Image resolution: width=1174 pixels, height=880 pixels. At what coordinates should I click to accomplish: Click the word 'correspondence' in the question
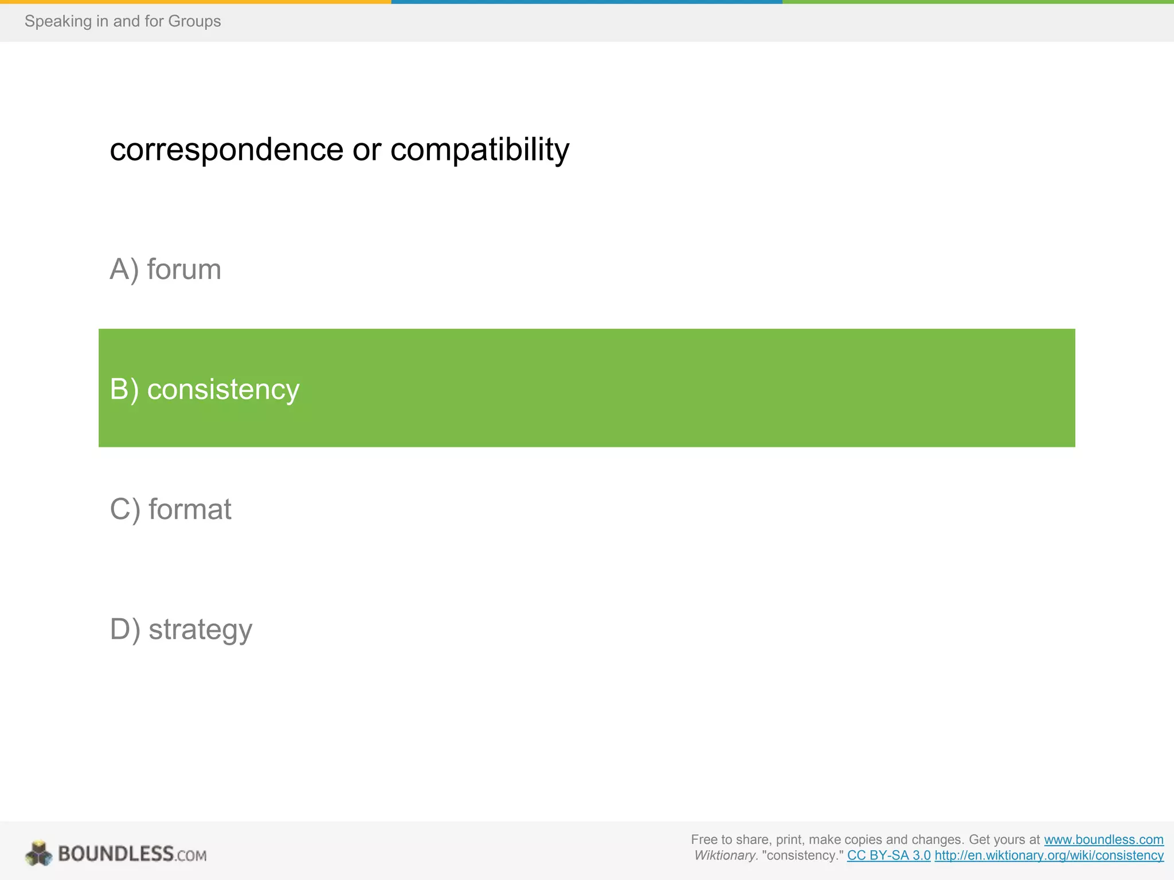(x=226, y=150)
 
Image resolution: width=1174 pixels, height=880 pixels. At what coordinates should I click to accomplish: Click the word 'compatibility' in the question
(x=480, y=150)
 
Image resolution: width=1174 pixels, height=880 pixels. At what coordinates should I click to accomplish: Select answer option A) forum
(x=165, y=269)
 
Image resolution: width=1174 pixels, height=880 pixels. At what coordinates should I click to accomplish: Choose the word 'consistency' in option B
(x=223, y=390)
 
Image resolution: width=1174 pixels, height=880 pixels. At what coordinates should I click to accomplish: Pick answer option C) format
(x=170, y=509)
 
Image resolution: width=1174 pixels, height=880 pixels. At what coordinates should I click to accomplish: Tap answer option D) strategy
(x=181, y=629)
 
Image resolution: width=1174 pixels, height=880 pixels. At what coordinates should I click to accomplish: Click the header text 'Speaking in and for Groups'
(x=123, y=21)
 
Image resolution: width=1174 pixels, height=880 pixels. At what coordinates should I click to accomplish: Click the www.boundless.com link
(x=1103, y=839)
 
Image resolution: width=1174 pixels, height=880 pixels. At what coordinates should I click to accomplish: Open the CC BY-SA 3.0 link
(x=889, y=855)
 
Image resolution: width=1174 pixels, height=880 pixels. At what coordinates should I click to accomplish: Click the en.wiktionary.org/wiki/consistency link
(x=1049, y=855)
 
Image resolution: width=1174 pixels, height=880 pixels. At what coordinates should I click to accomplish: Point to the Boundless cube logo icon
(x=39, y=854)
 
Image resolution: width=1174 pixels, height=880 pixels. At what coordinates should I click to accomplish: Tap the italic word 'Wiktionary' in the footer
(x=726, y=855)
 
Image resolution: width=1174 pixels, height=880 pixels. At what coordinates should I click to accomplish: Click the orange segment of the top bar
(x=195, y=2)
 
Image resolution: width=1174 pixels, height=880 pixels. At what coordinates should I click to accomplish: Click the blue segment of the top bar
(x=586, y=2)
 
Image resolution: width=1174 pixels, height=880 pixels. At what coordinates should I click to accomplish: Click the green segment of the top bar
(x=978, y=2)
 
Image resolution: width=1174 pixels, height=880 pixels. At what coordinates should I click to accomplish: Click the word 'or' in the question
(x=367, y=150)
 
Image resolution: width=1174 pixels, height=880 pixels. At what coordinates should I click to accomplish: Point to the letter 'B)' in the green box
(x=124, y=390)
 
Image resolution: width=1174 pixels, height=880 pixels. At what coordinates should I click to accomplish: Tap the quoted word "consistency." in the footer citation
(x=803, y=855)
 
